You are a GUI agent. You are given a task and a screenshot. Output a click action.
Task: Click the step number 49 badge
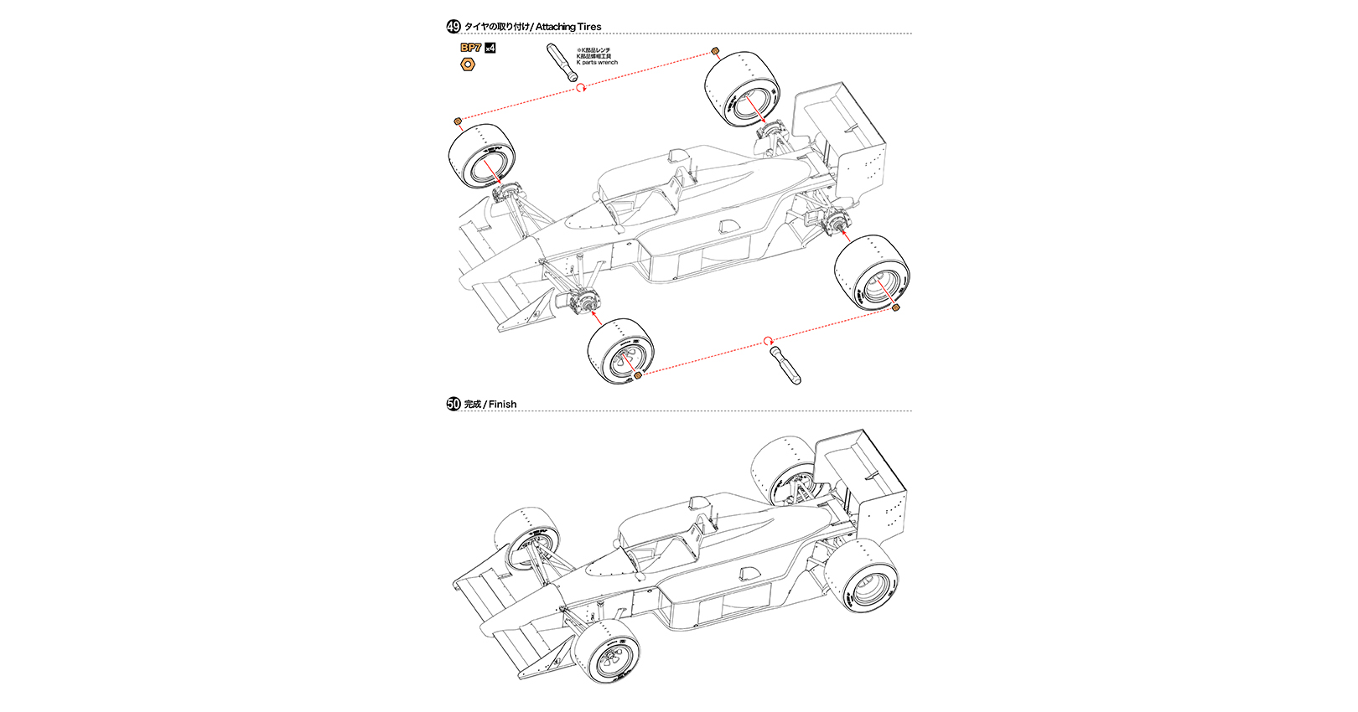click(x=454, y=27)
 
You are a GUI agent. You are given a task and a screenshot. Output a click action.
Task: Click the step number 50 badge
click(x=454, y=404)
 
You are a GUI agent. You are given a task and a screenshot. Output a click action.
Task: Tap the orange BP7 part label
click(x=470, y=48)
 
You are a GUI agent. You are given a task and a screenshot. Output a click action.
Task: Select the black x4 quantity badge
click(x=490, y=48)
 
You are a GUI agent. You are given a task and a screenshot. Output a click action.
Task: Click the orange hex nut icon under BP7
click(x=469, y=64)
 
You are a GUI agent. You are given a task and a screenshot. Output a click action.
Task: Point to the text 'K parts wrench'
click(x=597, y=63)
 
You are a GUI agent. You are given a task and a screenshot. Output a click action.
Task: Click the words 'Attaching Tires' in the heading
click(x=568, y=27)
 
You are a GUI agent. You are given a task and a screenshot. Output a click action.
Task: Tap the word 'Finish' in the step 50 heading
click(x=502, y=405)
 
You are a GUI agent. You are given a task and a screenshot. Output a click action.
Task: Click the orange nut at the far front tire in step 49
click(x=458, y=122)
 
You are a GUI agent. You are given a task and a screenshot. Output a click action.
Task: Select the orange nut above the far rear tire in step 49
click(x=715, y=51)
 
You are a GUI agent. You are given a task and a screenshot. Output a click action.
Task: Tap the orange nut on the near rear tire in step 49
click(x=897, y=307)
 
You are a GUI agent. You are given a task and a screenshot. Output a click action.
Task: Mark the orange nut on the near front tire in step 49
click(x=638, y=376)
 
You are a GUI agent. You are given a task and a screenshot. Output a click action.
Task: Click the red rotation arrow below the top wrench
click(x=581, y=86)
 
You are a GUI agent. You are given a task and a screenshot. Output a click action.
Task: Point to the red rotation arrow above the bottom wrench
click(x=767, y=340)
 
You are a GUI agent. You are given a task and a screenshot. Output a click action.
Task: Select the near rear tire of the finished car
click(x=862, y=575)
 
